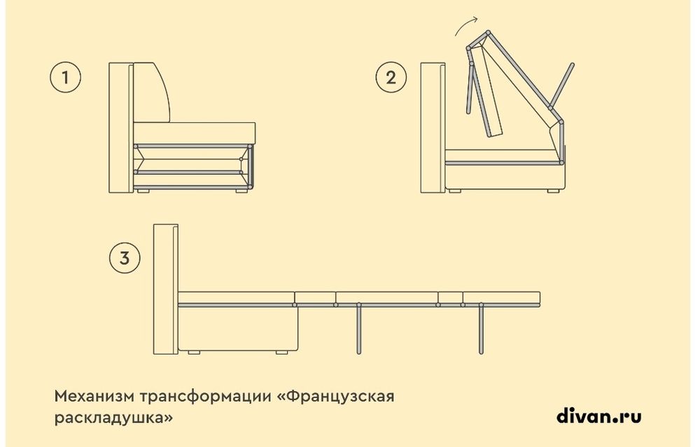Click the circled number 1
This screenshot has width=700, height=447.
coord(66,77)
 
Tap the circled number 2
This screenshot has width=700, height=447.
coord(390,77)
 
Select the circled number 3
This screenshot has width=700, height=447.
coord(125,258)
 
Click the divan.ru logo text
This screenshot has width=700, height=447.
coord(598,417)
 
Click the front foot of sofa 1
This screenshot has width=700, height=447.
coord(241,190)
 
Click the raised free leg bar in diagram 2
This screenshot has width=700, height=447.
coord(564,83)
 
